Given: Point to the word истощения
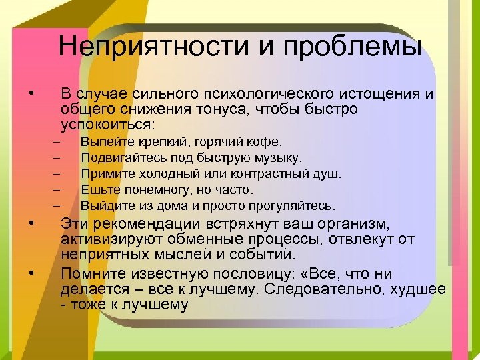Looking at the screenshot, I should (391, 94).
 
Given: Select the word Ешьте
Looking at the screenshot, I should (97, 190).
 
